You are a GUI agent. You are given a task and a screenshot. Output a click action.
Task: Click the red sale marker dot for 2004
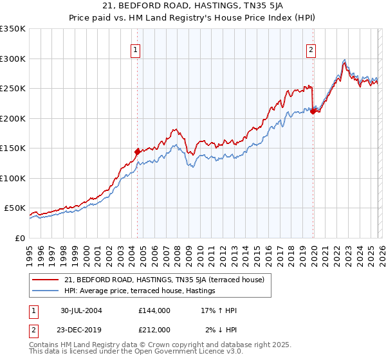pyautogui.click(x=137, y=152)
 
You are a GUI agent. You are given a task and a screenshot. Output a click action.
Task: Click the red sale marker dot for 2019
pyautogui.click(x=313, y=111)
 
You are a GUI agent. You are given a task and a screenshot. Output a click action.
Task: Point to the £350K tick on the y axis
pyautogui.click(x=13, y=29)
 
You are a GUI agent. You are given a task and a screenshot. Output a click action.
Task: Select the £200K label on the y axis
pyautogui.click(x=13, y=118)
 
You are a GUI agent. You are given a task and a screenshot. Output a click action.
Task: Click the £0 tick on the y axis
pyautogui.click(x=19, y=238)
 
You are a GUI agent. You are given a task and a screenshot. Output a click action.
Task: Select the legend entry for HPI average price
pyautogui.click(x=139, y=291)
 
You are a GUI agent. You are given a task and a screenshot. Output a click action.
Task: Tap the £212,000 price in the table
pyautogui.click(x=154, y=330)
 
